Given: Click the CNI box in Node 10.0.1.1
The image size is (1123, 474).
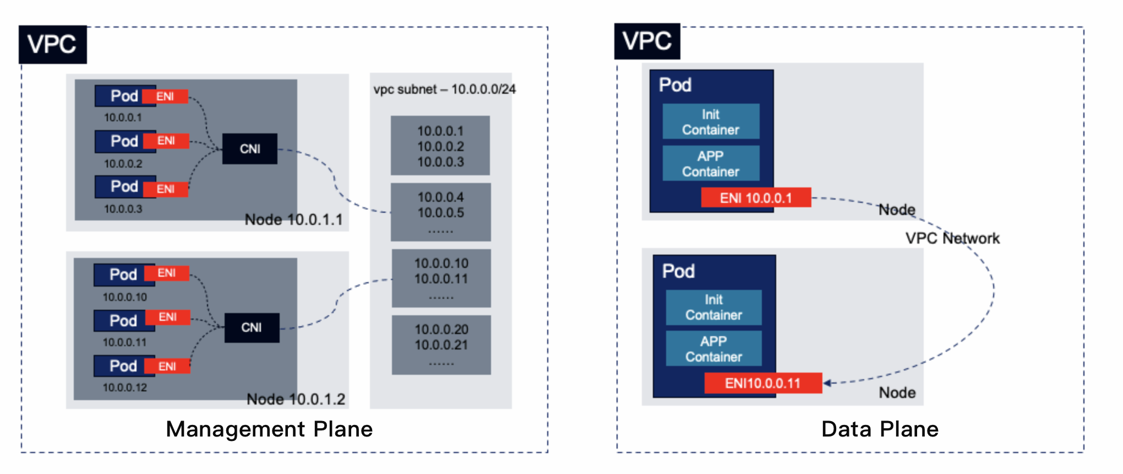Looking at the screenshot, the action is pos(250,149).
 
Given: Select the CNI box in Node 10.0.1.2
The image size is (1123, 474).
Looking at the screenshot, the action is pos(252,327).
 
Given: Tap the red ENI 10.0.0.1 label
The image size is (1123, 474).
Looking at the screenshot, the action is pos(756,198).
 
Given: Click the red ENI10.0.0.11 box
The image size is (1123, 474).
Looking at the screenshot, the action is pos(763,383).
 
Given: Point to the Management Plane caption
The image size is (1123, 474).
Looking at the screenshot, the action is pos(269,429).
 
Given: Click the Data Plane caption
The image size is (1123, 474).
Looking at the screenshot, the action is pos(880,429).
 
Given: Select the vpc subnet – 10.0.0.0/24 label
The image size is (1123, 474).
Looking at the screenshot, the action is pos(445,89).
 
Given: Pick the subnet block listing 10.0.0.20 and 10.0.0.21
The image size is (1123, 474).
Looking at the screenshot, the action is pos(441,345).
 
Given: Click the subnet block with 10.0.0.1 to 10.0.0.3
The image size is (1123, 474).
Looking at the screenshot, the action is pos(440,146).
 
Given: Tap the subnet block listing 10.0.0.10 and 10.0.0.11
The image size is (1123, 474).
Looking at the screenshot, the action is pos(441,278).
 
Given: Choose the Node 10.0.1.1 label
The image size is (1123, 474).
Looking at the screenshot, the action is pos(294,219).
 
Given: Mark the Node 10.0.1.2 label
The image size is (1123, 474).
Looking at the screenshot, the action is pos(296,399).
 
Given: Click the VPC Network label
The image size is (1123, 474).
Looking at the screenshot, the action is pos(952,238).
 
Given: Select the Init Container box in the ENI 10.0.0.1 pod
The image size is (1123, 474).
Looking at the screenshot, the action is pos(711,121).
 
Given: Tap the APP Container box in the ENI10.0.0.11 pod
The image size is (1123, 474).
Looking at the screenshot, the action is pos(714,348).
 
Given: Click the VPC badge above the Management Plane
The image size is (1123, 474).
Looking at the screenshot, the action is pos(52,44).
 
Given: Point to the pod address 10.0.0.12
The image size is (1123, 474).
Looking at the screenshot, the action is pos(125,387).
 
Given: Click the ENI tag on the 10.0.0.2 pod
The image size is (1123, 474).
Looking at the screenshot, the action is pos(166,141).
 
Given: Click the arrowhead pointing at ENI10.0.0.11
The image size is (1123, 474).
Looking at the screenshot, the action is pos(827,383).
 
